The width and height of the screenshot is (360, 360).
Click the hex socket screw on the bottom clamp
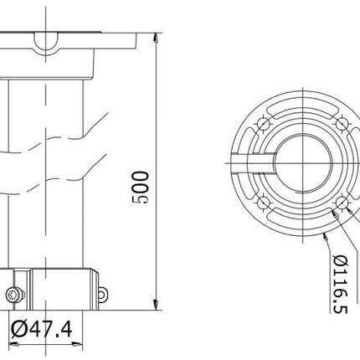click(13, 294)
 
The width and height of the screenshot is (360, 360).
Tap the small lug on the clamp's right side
click(102, 295)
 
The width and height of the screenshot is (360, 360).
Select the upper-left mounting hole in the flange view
click(265, 123)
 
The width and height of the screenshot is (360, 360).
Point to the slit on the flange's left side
click(251, 162)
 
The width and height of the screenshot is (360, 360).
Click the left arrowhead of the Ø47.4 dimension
click(15, 345)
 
